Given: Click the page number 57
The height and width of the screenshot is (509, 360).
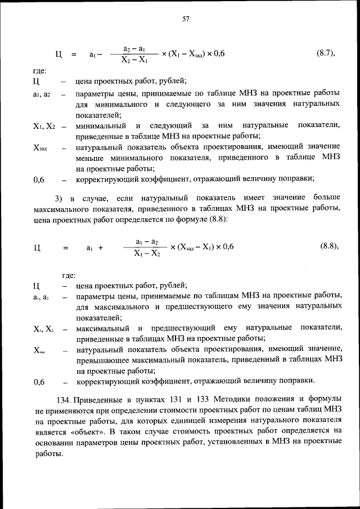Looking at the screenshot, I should [185, 19].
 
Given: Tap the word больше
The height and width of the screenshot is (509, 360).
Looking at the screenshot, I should [326, 199].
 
